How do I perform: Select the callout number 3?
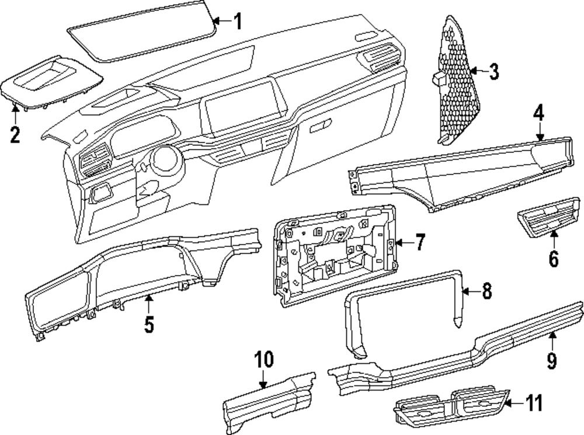pos(493,72)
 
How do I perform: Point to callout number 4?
pos(539,113)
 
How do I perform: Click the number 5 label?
pos(150,324)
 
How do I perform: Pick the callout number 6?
pos(553,257)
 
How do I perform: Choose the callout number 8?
pos(486,290)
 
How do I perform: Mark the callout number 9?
pos(552,360)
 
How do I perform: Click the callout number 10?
pos(264,360)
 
